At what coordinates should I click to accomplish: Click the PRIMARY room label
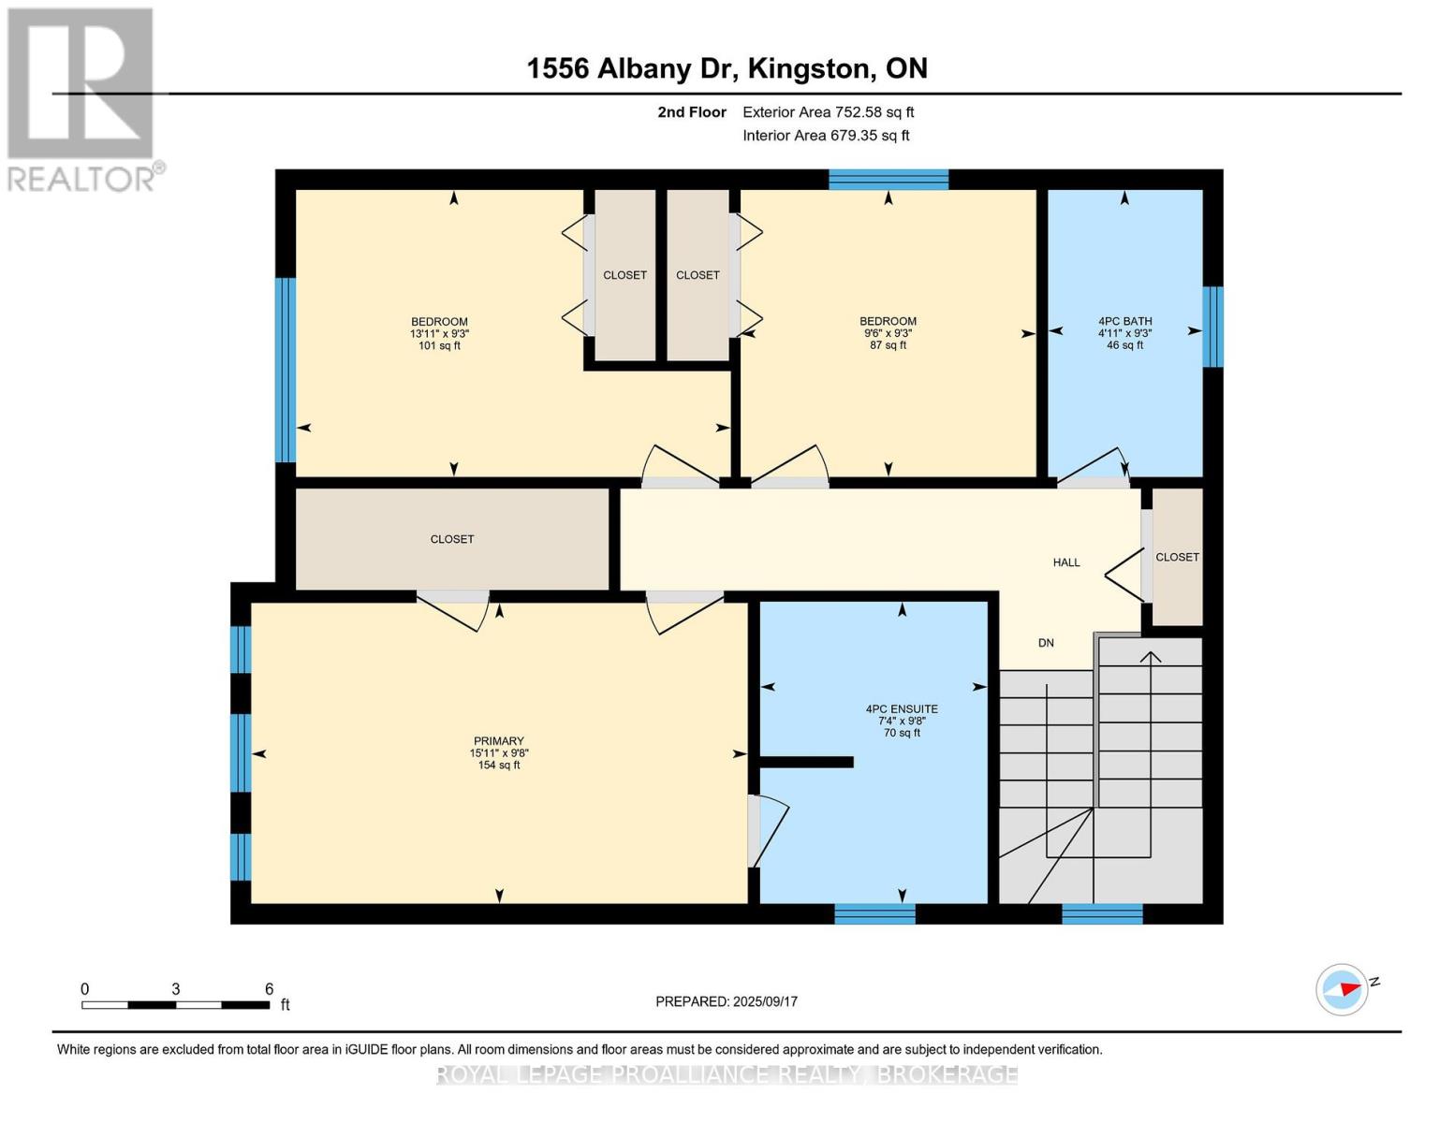[498, 741]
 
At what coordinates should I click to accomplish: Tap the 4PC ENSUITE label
[902, 709]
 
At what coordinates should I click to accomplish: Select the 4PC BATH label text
[1124, 321]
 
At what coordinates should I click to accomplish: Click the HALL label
[1066, 562]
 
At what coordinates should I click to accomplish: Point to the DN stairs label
[1046, 643]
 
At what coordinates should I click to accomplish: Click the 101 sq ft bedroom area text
[439, 345]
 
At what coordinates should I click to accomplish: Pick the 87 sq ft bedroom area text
[888, 345]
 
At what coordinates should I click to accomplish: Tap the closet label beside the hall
[1177, 557]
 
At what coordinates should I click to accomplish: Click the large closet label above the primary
[452, 539]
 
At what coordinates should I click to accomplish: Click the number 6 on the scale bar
[269, 989]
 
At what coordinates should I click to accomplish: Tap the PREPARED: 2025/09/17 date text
[727, 1001]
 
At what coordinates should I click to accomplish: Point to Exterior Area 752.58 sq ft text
[828, 112]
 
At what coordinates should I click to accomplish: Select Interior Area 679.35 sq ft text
[826, 136]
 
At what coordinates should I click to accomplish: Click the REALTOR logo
[82, 99]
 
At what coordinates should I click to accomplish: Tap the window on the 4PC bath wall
[1212, 327]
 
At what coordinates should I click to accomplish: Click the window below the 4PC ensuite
[874, 913]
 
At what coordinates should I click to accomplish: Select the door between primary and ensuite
[766, 831]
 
